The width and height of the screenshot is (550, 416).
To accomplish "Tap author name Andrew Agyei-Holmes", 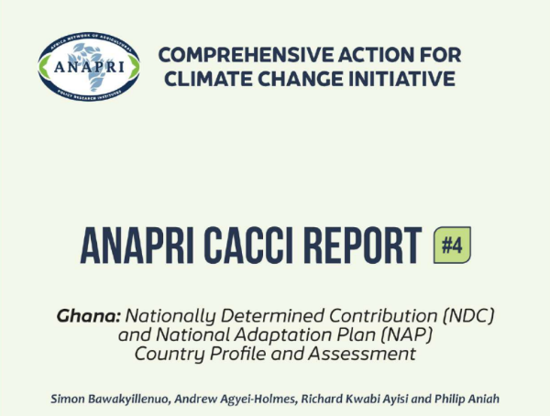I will tap(224, 398).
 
